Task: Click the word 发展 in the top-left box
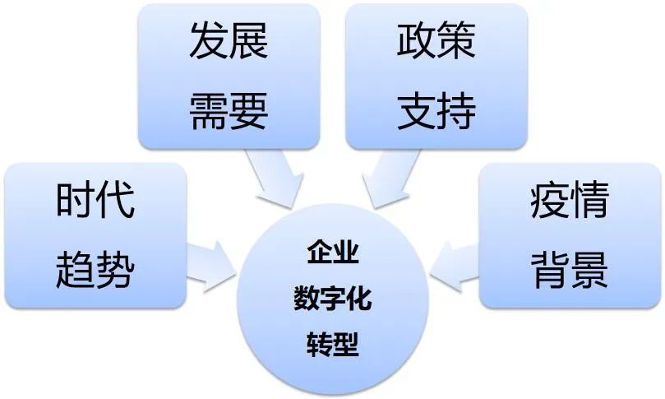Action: click(x=229, y=41)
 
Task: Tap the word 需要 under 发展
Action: click(x=229, y=110)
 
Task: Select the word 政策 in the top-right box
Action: click(x=436, y=41)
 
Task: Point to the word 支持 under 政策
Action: click(x=436, y=110)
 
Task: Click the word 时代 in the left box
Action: click(x=95, y=200)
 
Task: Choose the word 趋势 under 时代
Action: click(x=95, y=269)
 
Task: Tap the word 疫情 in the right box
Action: click(x=569, y=200)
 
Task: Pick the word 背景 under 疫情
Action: click(x=569, y=269)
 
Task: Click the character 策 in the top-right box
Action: click(x=456, y=41)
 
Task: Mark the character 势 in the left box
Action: click(x=114, y=269)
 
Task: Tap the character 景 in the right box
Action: click(x=589, y=269)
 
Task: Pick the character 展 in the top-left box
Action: click(x=248, y=41)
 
